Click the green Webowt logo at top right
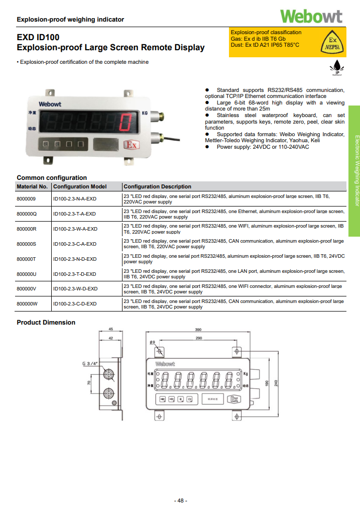pyautogui.click(x=311, y=16)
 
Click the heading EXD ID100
pyautogui.click(x=38, y=37)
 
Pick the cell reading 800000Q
pyautogui.click(x=27, y=214)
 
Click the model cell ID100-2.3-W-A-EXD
pyautogui.click(x=75, y=229)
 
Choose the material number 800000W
pyautogui.click(x=27, y=304)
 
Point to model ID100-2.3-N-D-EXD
pyautogui.click(x=75, y=259)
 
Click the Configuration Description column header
pyautogui.click(x=157, y=186)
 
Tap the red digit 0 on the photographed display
pyautogui.click(x=128, y=122)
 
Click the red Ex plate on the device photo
pyautogui.click(x=131, y=145)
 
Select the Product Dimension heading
pyautogui.click(x=46, y=323)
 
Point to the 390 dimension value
pyautogui.click(x=198, y=330)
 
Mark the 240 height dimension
pyautogui.click(x=276, y=383)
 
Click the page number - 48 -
pyautogui.click(x=180, y=500)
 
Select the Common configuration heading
pyautogui.click(x=52, y=177)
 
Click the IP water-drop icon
pyautogui.click(x=337, y=68)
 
